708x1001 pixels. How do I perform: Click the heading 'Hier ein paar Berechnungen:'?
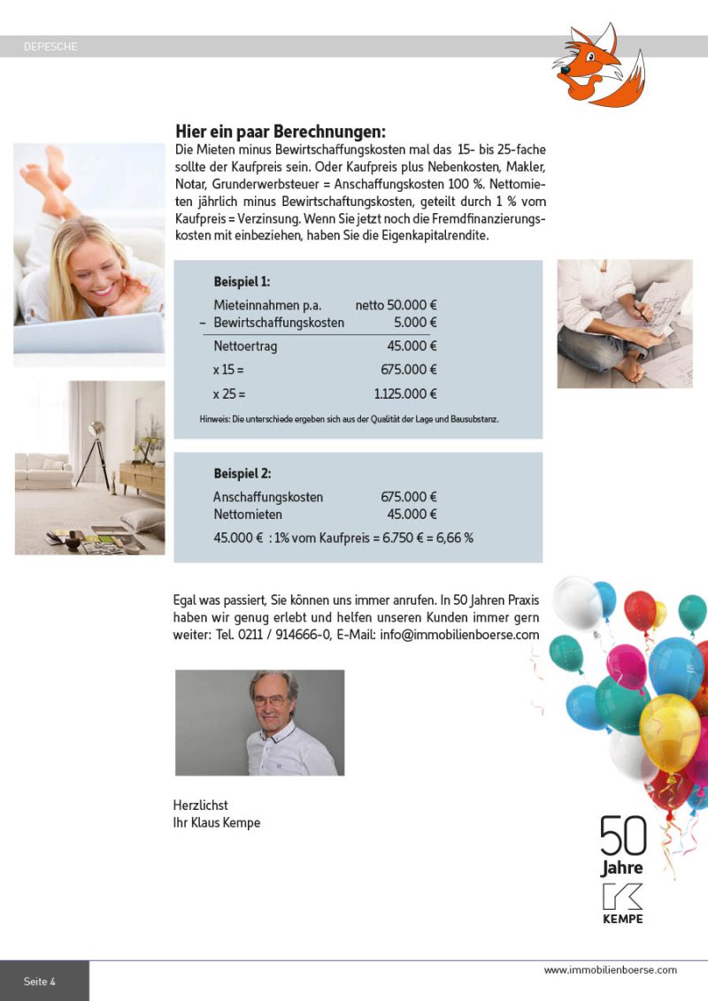(281, 130)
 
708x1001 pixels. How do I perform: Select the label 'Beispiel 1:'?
(242, 282)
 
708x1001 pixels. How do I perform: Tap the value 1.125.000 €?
(405, 394)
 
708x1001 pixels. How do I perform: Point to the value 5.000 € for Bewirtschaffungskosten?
(415, 323)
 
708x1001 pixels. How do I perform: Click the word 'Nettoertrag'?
(245, 347)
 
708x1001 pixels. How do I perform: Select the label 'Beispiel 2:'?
(242, 473)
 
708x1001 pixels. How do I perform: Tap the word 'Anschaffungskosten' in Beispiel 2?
(268, 497)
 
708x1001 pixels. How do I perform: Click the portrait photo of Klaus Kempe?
(259, 722)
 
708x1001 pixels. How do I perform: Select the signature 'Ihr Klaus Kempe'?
(217, 823)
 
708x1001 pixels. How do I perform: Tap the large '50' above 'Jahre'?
(623, 836)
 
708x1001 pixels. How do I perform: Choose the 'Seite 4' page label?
(40, 982)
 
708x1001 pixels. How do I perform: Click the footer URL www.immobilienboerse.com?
(610, 970)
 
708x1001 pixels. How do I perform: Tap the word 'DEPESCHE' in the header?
(50, 47)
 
